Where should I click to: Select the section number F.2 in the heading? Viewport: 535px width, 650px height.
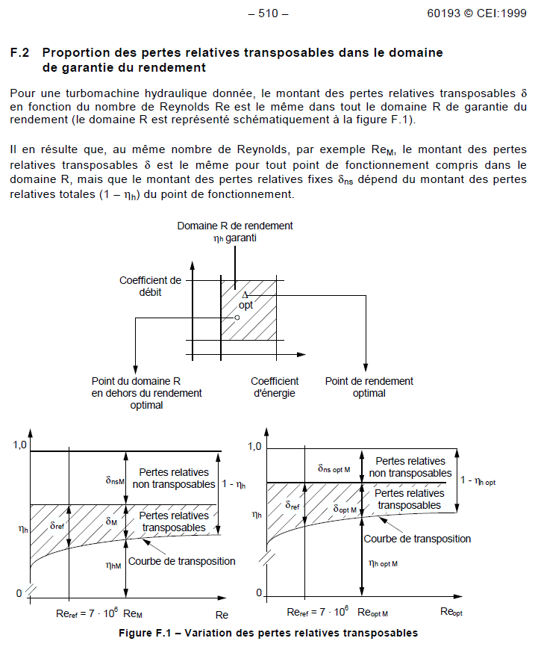[19, 53]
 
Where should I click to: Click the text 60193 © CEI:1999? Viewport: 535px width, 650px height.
[477, 13]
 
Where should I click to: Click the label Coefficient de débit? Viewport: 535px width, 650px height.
[151, 286]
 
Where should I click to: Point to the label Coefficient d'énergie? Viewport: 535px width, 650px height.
[275, 387]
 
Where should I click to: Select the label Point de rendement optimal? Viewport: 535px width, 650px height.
[369, 387]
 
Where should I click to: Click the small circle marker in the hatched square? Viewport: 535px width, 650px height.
[237, 318]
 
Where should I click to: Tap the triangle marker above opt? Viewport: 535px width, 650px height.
[245, 295]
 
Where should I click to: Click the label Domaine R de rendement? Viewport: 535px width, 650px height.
[235, 226]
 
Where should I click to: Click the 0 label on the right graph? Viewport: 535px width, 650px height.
[259, 592]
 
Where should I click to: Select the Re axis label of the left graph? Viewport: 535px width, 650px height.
[222, 615]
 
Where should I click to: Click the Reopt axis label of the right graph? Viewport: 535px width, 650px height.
[452, 613]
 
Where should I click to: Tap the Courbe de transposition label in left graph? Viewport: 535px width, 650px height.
[182, 561]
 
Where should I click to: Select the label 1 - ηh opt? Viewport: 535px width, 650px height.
[478, 481]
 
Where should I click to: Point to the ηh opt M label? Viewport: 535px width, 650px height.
[384, 566]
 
